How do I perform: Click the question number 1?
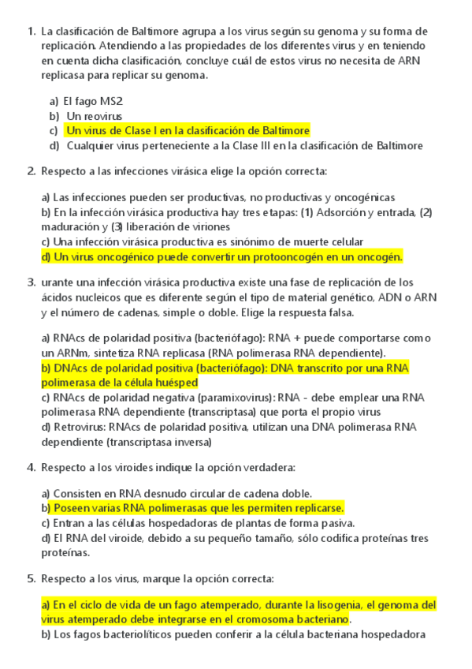click(x=30, y=32)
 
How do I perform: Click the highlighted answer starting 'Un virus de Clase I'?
click(x=188, y=130)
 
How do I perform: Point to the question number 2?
click(x=30, y=170)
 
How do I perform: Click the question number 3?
click(x=30, y=282)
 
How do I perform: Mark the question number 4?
click(x=30, y=467)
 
